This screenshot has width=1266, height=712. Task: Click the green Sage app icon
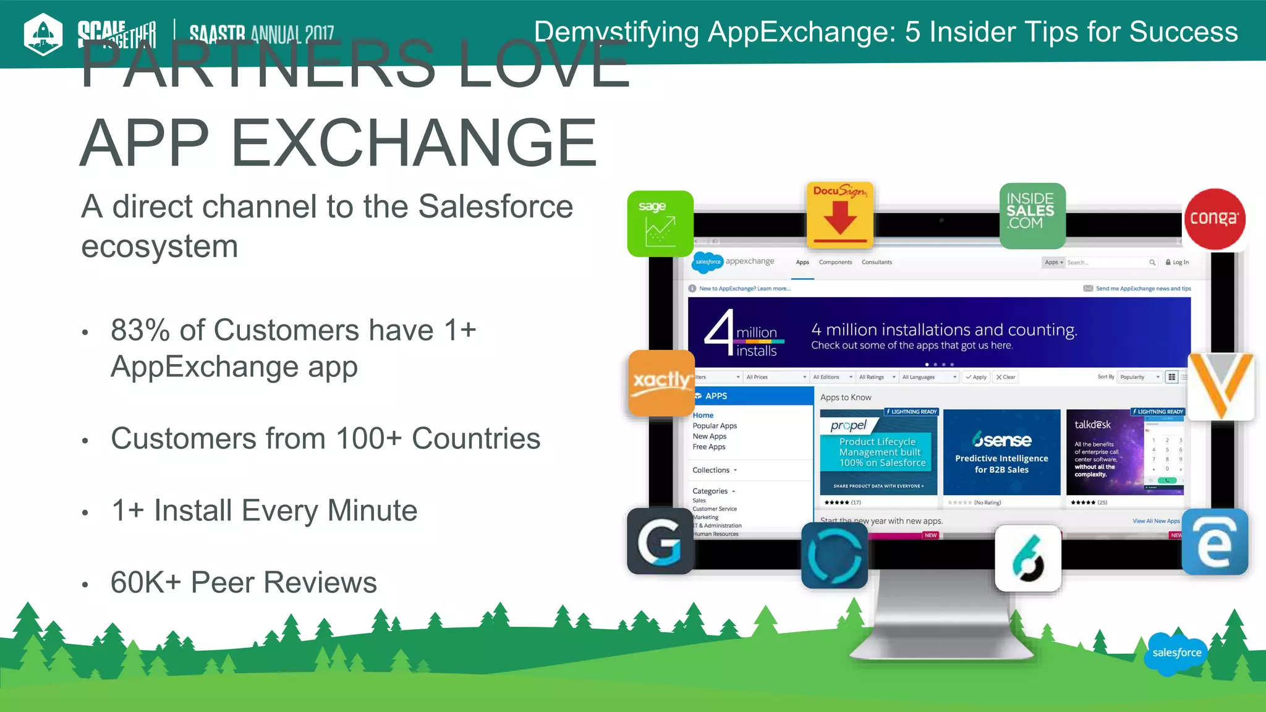(660, 224)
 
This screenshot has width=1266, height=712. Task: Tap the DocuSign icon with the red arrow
(839, 214)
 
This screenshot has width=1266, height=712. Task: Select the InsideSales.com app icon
(1032, 216)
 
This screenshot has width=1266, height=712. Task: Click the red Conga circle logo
(1215, 219)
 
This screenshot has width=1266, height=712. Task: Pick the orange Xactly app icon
(661, 383)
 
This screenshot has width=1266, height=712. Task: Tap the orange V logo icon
(1221, 386)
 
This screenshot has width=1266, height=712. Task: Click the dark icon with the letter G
(660, 541)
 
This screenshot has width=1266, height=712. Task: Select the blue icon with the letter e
(1215, 542)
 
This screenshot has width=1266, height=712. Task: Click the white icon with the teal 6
(1028, 558)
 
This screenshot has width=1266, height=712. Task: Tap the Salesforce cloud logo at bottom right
(1176, 653)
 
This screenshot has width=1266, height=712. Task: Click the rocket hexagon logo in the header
(43, 34)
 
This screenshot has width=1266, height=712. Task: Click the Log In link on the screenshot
(1177, 262)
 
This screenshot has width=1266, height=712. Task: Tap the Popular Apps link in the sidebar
(715, 426)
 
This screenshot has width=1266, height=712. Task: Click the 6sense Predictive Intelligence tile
(1001, 452)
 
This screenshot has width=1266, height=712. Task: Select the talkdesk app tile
(1124, 452)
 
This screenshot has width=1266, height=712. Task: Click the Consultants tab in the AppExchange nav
(877, 262)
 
